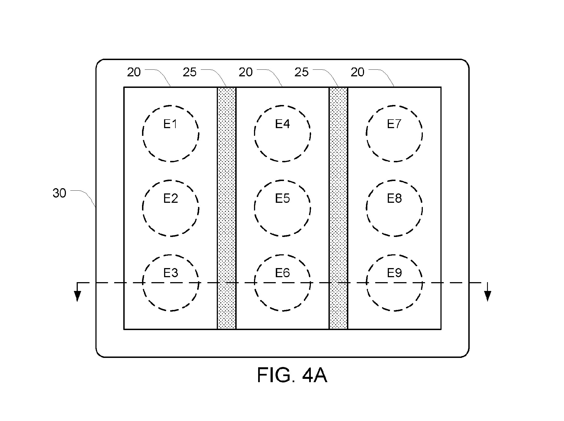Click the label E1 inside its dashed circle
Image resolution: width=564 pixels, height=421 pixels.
click(x=170, y=124)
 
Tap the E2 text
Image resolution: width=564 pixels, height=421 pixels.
click(x=170, y=198)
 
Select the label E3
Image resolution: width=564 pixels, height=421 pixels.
click(x=170, y=273)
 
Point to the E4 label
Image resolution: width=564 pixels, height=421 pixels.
click(x=282, y=124)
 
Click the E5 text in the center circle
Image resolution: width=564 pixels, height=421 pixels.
click(x=282, y=198)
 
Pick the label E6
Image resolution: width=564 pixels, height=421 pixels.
click(x=282, y=273)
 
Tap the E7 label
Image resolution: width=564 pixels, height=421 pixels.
click(x=394, y=124)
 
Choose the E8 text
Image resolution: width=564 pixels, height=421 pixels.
click(x=394, y=198)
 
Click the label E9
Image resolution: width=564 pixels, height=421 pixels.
click(x=394, y=273)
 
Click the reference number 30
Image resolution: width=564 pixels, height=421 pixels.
click(x=59, y=193)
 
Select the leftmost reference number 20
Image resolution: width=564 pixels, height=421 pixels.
click(x=134, y=72)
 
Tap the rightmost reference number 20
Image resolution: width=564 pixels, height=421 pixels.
click(x=357, y=72)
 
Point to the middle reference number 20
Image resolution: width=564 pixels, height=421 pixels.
click(x=245, y=72)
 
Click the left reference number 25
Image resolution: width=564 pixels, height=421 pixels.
click(x=190, y=72)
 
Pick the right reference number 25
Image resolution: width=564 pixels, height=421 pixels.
click(x=301, y=72)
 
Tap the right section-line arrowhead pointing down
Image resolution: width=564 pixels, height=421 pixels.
click(x=488, y=296)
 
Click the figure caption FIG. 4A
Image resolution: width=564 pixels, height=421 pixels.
click(x=292, y=375)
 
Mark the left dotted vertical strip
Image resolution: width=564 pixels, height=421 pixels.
click(x=227, y=208)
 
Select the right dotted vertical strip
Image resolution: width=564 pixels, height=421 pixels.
click(x=338, y=208)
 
